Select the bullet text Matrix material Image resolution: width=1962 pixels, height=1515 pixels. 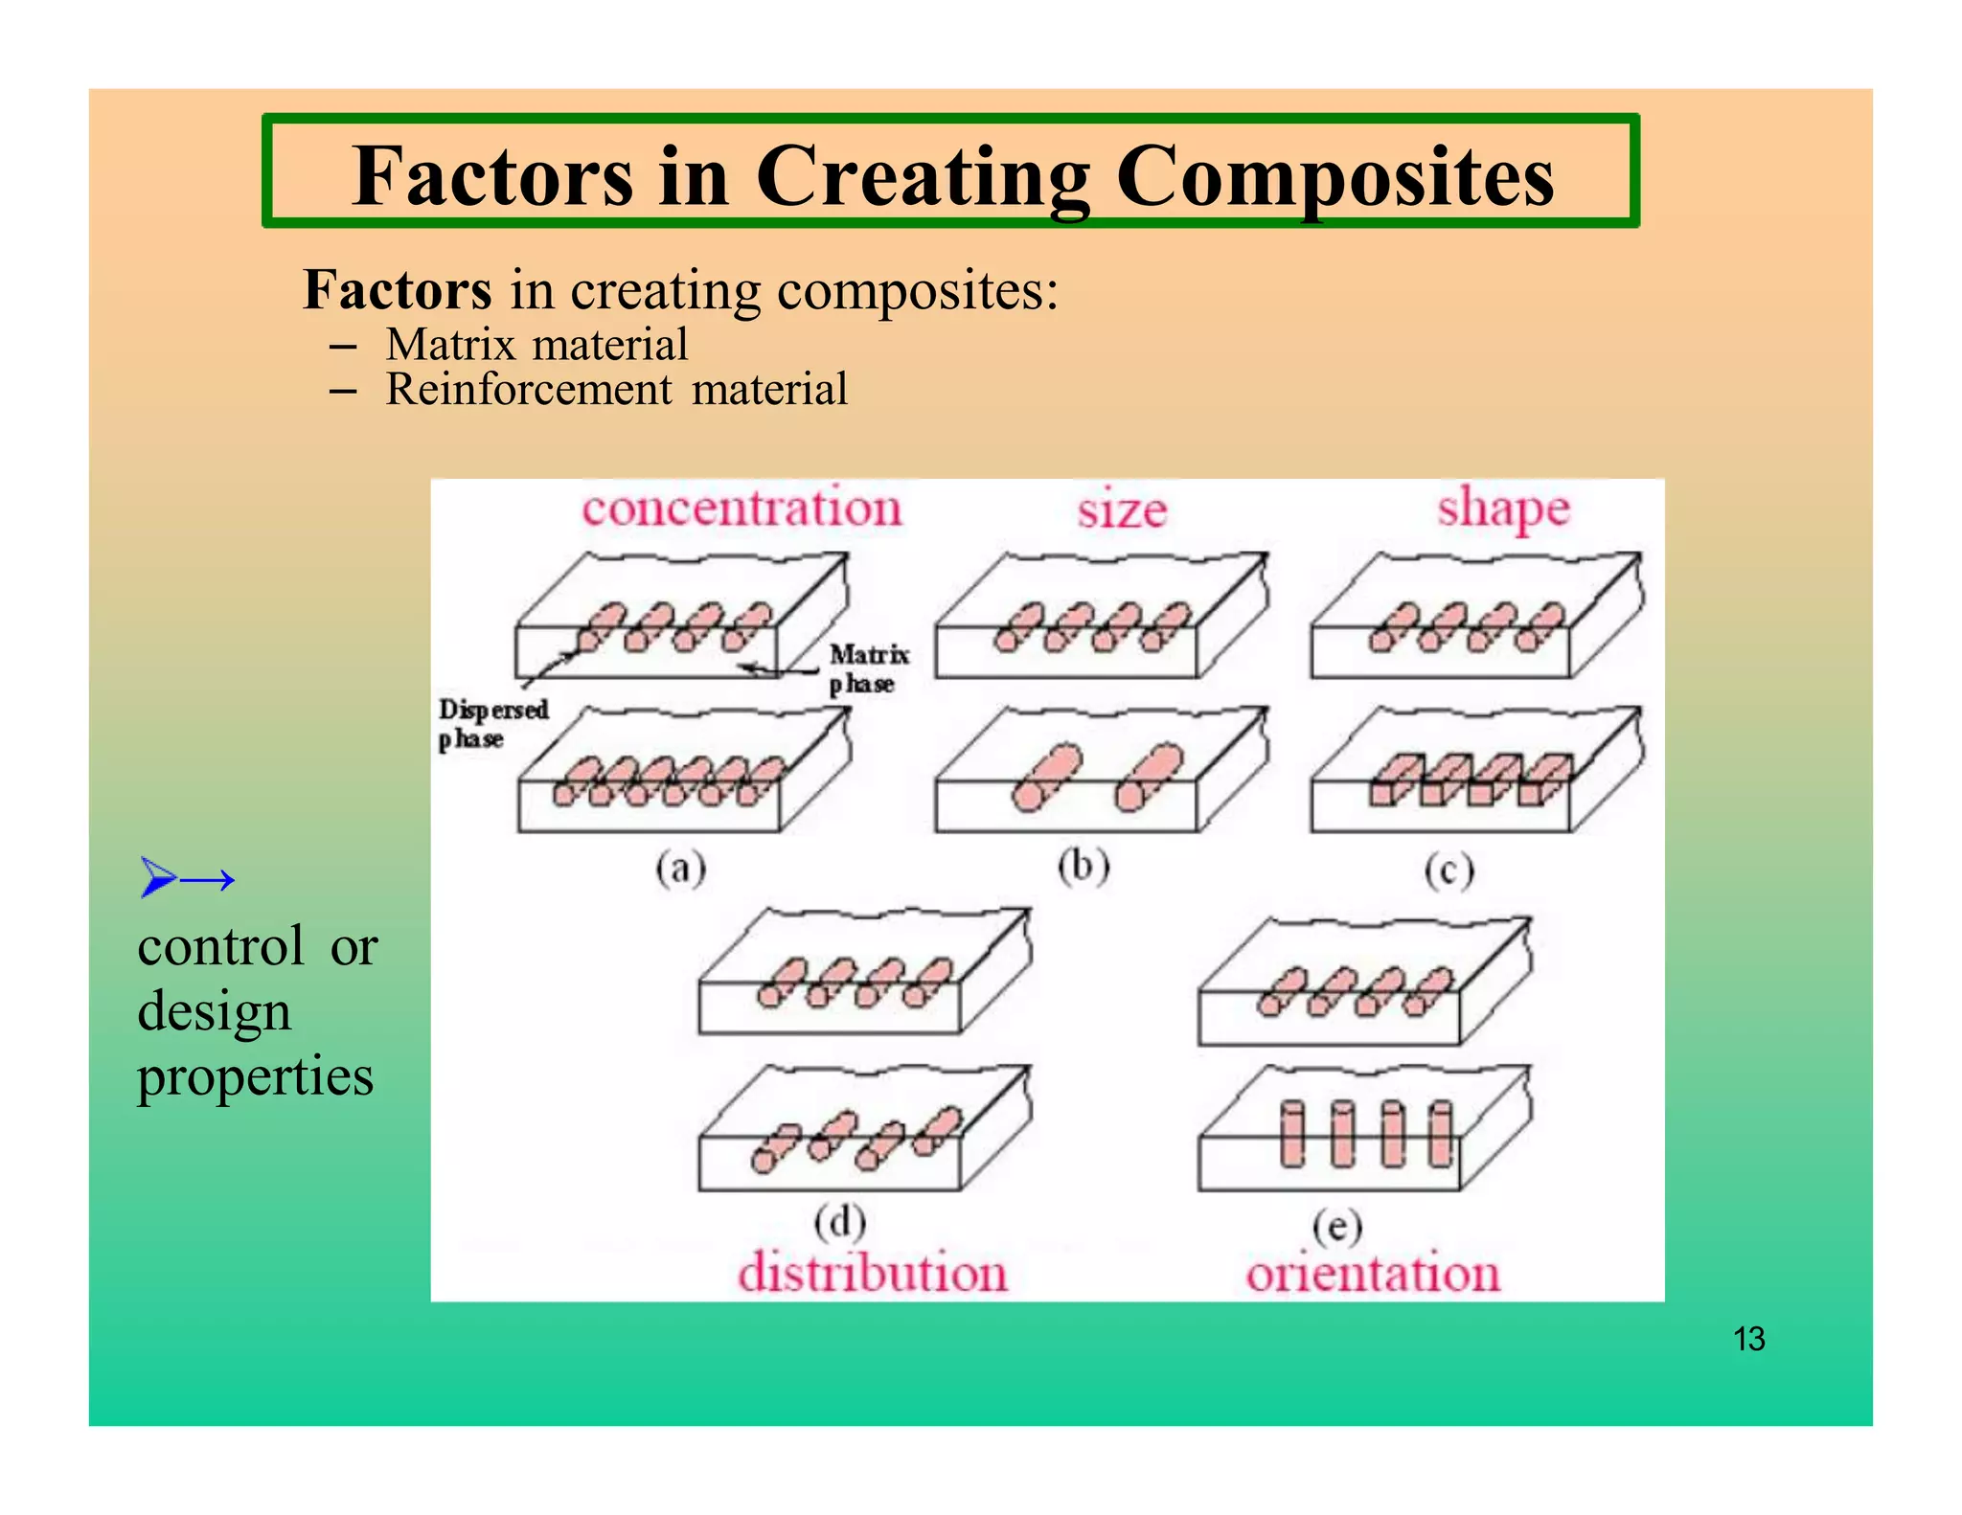pos(536,345)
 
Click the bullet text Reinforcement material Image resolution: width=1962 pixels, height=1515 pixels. pos(616,390)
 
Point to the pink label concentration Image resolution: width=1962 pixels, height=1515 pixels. pos(741,508)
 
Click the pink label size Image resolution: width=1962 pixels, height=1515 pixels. pos(1122,509)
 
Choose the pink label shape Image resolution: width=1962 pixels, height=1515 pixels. pos(1503,508)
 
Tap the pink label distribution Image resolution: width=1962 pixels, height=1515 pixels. pos(872,1274)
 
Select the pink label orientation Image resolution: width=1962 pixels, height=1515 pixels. pos(1372,1274)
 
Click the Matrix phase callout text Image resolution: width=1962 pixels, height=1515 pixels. pos(867,668)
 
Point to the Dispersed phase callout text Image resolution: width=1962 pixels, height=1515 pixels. pos(492,724)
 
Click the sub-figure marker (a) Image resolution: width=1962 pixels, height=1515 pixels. pos(680,869)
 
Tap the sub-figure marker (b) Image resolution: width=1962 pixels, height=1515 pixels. pos(1084,866)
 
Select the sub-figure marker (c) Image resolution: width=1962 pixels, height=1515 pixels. pos(1448,871)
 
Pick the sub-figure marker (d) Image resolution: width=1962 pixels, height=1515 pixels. pos(839,1222)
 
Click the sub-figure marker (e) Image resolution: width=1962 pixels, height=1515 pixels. pos(1336,1226)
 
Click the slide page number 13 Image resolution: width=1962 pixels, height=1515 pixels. pos(1748,1339)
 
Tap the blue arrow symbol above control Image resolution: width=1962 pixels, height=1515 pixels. pos(187,877)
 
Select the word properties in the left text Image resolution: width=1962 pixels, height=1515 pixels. pos(255,1076)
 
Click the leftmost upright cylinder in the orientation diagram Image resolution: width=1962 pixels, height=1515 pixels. pos(1292,1135)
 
